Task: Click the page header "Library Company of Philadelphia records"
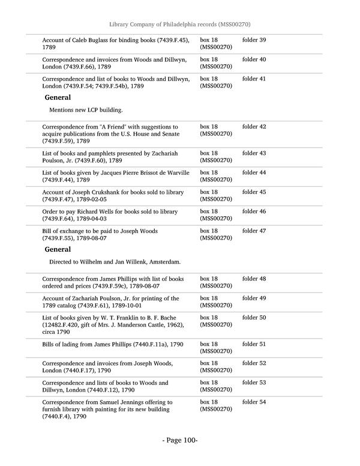click(179, 24)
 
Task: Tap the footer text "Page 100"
click(180, 440)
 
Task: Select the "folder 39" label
click(254, 40)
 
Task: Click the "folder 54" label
click(254, 402)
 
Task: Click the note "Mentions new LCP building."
click(86, 110)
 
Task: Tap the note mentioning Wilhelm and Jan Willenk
click(115, 262)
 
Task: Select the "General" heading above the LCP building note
click(58, 97)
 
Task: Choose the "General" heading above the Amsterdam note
click(58, 249)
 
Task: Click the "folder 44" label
click(254, 173)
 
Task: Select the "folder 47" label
click(254, 231)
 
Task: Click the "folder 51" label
click(254, 344)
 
